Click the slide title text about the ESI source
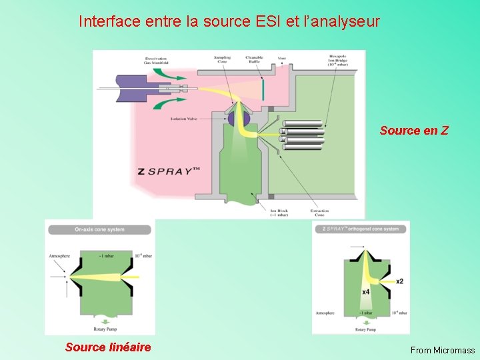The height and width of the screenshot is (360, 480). tap(229, 21)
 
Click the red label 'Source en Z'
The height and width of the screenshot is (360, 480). tap(414, 131)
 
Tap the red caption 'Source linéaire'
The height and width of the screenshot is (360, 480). tap(108, 347)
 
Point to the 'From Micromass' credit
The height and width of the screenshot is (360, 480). tap(443, 350)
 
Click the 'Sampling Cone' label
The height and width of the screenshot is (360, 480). tap(222, 59)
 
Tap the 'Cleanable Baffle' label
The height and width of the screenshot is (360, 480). tap(255, 59)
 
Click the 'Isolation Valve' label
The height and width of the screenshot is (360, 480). tap(183, 118)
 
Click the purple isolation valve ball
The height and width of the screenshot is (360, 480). tap(237, 119)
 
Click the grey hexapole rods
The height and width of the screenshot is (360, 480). tap(303, 133)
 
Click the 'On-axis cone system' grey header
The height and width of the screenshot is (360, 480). tap(99, 230)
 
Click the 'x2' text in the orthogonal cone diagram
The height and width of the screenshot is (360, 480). tap(399, 281)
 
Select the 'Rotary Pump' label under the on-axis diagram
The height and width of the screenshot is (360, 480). tap(99, 328)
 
